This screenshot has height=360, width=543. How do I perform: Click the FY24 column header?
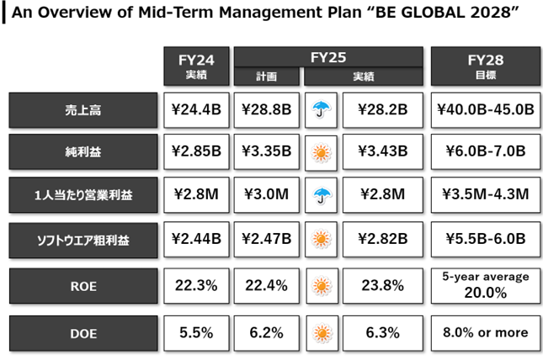pos(196,66)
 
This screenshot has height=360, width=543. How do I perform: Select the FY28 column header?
pos(486,66)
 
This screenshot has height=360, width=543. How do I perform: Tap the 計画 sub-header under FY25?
pos(266,77)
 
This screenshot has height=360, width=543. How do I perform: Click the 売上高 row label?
pos(83,110)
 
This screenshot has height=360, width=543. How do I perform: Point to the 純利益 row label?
pos(83,151)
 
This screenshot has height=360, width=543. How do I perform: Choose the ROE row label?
pos(83,286)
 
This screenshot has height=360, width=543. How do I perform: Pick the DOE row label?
pos(83,333)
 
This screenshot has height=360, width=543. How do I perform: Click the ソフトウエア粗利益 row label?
pos(83,241)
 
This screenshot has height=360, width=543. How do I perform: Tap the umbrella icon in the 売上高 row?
pos(321,109)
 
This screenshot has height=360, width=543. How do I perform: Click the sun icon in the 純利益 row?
pos(321,152)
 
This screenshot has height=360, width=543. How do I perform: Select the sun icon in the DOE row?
pos(322,333)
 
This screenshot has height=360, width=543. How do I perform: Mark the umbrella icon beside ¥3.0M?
pos(321,196)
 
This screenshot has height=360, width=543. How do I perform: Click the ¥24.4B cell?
pos(196,110)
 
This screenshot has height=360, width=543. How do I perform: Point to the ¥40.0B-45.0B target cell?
pos(486,110)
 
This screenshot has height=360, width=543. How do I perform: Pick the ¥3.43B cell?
pos(383,151)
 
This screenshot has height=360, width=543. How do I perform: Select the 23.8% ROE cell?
pos(383,286)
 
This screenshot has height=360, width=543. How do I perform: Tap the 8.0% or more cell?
pos(486,333)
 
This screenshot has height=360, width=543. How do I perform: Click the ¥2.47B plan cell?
pos(266,239)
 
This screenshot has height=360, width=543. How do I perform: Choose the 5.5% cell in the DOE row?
pos(196,333)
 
